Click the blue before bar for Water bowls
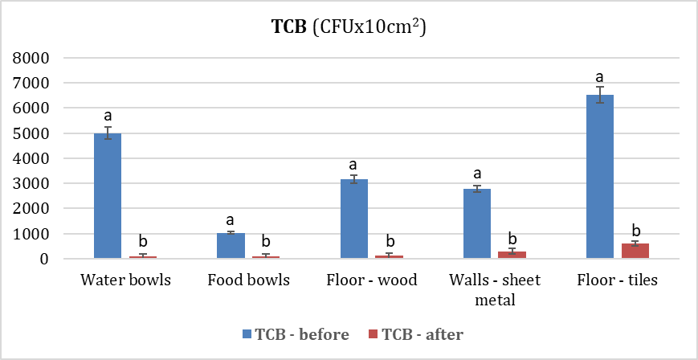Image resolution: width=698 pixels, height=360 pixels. (x=107, y=196)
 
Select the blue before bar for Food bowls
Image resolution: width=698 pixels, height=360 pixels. (x=231, y=246)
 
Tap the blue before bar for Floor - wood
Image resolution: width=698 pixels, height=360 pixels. (x=354, y=219)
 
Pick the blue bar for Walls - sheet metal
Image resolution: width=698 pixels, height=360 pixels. (x=477, y=224)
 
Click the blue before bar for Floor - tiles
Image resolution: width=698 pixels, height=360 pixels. (x=600, y=177)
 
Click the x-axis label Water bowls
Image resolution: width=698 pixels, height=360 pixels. (x=126, y=280)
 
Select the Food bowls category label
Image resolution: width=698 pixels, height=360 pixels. (x=248, y=280)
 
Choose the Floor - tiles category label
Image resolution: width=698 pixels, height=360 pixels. (x=617, y=280)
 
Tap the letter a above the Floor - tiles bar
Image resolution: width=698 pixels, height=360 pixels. (x=600, y=77)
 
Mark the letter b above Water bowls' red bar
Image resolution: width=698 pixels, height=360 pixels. (x=143, y=241)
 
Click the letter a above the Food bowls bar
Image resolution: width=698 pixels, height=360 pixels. (x=231, y=220)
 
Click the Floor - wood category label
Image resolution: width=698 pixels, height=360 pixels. (x=372, y=280)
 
